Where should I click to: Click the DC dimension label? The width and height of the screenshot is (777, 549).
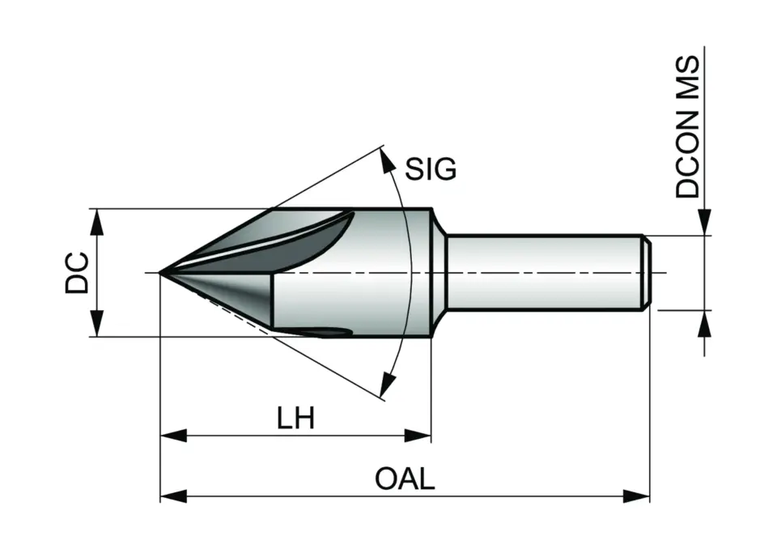click(77, 272)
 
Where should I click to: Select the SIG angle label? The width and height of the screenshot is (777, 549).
click(431, 169)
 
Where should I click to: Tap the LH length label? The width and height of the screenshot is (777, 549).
click(295, 419)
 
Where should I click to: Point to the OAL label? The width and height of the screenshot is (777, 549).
click(405, 479)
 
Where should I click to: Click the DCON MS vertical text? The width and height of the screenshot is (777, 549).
click(688, 128)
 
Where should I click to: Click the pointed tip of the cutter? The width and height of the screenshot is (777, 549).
click(161, 273)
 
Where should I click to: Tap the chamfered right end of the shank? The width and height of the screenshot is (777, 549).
click(647, 272)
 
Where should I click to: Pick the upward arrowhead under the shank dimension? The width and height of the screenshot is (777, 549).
click(704, 322)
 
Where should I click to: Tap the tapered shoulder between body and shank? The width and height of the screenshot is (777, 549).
click(439, 272)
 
